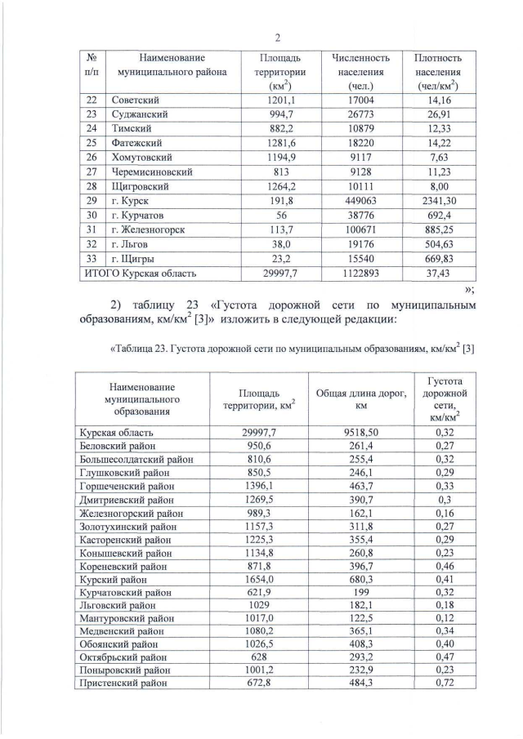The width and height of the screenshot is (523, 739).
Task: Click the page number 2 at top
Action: pos(278,38)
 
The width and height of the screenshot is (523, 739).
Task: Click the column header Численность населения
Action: pos(360,72)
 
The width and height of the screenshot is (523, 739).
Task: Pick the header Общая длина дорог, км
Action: pos(360,398)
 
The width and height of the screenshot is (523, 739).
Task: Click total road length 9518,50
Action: pos(360,432)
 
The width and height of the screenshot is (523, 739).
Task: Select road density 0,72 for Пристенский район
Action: pos(445,683)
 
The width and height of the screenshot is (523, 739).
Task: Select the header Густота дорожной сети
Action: pos(445,398)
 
